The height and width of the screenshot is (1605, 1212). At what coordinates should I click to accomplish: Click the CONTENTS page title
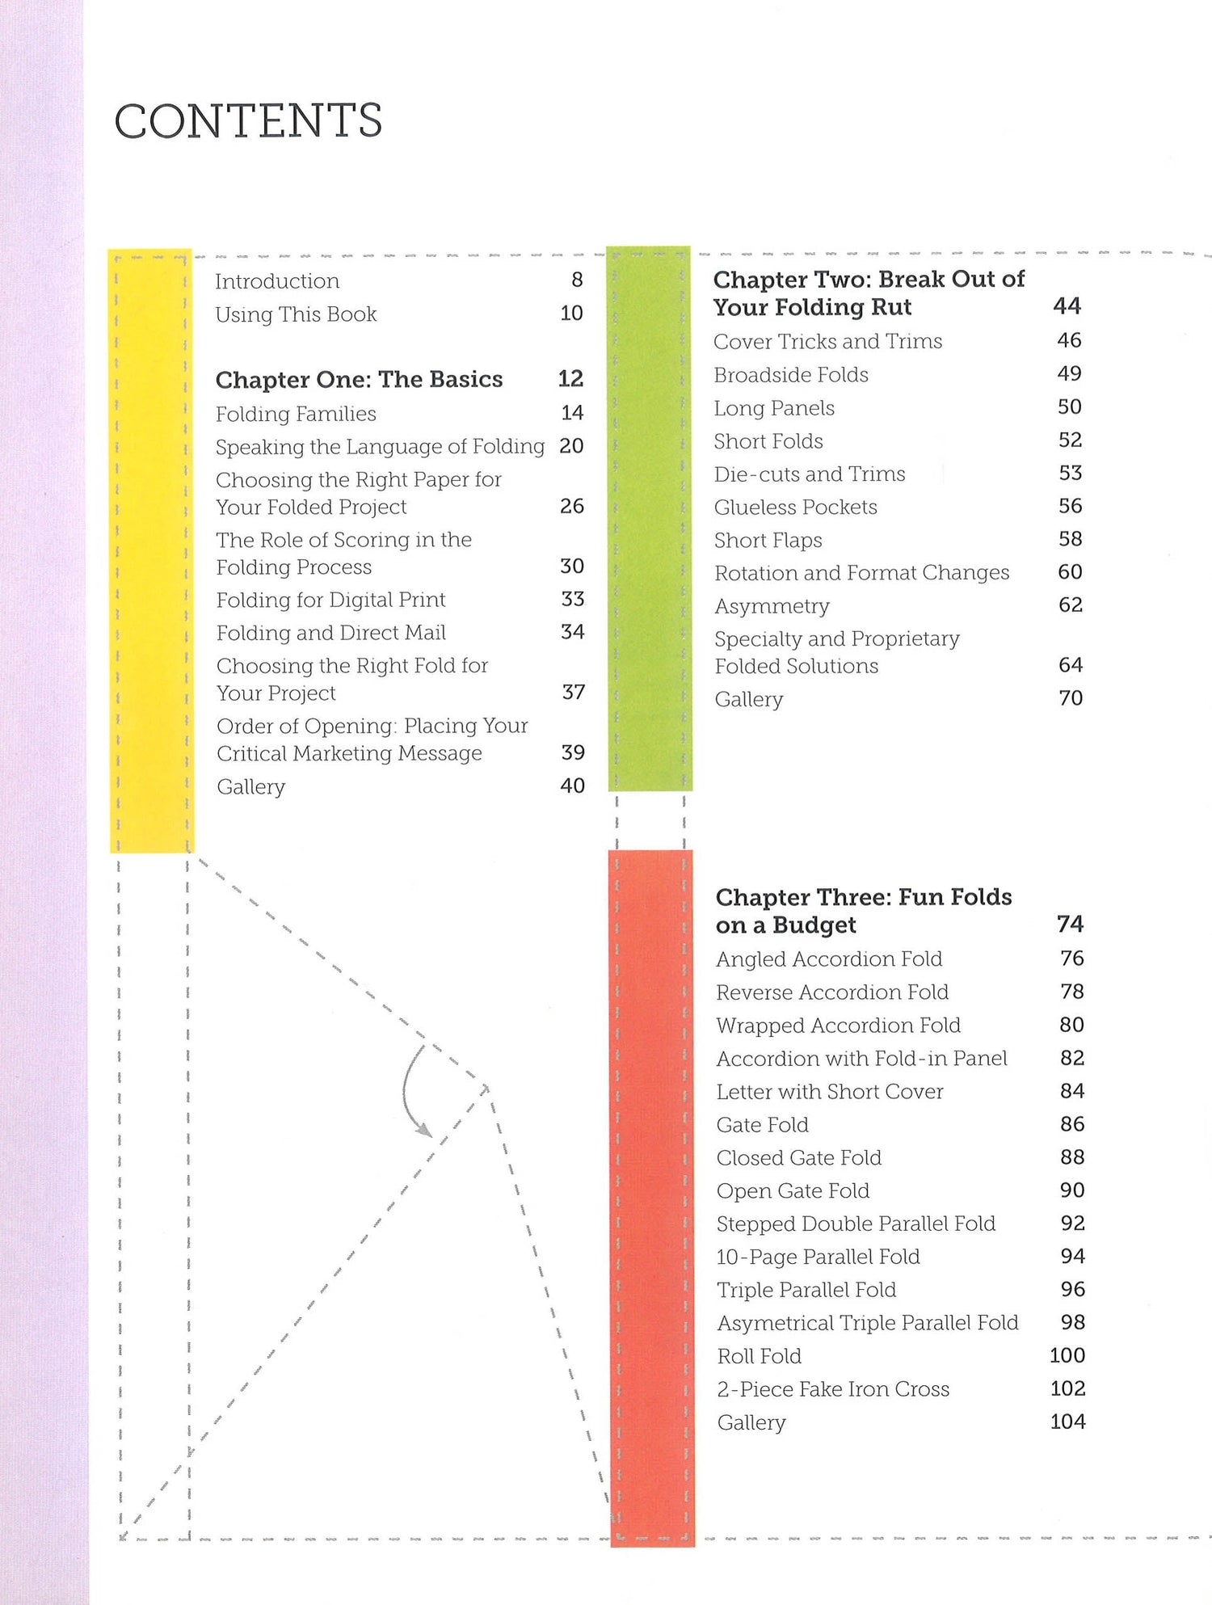coord(248,121)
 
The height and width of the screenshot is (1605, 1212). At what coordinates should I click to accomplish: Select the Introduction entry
coord(277,281)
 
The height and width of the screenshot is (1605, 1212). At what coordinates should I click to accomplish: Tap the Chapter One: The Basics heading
coord(359,379)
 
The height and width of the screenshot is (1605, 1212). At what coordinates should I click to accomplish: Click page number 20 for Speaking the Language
coord(571,446)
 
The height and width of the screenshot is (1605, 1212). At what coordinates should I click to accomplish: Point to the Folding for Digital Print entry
coord(330,600)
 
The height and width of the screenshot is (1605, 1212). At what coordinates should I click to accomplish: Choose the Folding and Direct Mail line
coord(330,633)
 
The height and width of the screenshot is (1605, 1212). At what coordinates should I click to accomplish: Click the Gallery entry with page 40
coord(250,786)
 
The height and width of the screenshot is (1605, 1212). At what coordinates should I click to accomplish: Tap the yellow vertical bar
coord(151,550)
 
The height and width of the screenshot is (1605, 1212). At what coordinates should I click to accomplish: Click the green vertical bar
coord(649,517)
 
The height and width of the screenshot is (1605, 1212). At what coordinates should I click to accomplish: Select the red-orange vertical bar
coord(651,1196)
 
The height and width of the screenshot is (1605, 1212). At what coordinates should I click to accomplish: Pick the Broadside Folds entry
coord(790,375)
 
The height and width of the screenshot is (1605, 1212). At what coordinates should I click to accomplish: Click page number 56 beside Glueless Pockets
coord(1070,506)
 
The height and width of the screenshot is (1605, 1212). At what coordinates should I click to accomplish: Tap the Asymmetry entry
coord(772,606)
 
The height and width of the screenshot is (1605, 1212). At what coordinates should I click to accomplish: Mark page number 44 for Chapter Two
coord(1067,305)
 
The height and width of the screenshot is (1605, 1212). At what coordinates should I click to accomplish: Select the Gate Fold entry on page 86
coord(762,1125)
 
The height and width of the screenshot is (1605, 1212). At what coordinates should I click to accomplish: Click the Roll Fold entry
coord(759,1356)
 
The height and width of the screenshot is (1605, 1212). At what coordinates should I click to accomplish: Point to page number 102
coord(1067,1388)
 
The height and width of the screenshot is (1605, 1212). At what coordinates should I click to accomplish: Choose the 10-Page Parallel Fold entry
coord(818,1257)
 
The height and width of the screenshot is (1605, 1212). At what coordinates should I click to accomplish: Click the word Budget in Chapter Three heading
coord(814,925)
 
